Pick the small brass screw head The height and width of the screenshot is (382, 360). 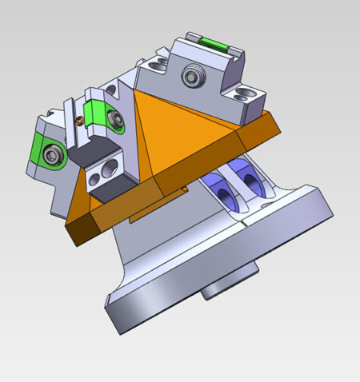tap(78, 121)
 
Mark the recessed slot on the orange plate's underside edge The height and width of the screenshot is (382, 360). tap(157, 214)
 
